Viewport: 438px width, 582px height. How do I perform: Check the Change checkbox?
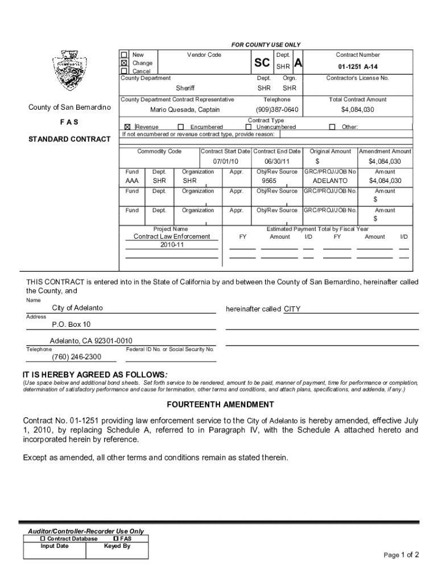coord(125,63)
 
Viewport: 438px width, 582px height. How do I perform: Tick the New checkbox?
coord(125,55)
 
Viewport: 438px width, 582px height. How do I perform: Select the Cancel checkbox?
coord(125,71)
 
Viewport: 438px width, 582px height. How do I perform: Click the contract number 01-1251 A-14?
coord(358,66)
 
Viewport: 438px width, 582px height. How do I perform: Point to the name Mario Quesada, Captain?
coord(185,110)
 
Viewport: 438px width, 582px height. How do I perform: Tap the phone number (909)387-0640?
coord(277,110)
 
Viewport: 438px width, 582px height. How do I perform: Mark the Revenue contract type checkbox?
coord(127,127)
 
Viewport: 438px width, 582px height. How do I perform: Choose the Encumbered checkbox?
coord(181,127)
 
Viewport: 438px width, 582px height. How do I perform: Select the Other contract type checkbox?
coord(333,127)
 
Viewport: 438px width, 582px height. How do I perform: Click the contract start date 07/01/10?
coord(225,161)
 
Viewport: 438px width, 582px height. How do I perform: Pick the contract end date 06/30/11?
coord(277,161)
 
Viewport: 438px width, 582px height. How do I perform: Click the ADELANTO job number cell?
coord(330,181)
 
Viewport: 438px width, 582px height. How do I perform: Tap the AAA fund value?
coord(132,181)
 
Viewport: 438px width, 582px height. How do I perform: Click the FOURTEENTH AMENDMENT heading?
coord(220,405)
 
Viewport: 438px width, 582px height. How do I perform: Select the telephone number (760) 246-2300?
coord(76,357)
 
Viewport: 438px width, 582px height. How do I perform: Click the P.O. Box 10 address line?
coord(71,325)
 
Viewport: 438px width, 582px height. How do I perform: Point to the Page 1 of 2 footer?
coord(402,555)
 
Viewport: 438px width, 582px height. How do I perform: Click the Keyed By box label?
coord(117,546)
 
